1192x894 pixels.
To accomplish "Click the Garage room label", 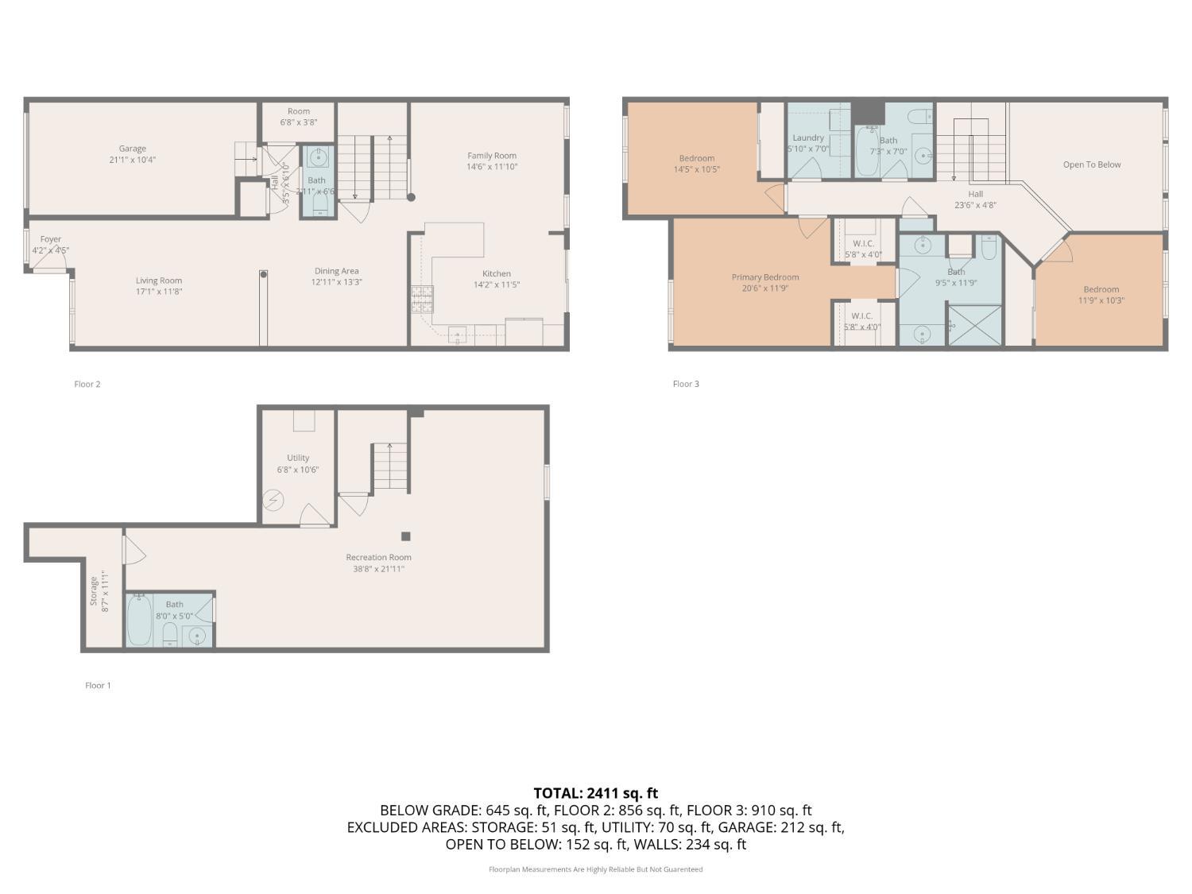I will pyautogui.click(x=132, y=149).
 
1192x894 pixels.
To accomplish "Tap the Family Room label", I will pyautogui.click(x=491, y=156).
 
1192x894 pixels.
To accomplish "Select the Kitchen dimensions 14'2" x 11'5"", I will pyautogui.click(x=497, y=284).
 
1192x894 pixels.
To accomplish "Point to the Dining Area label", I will pyautogui.click(x=336, y=271).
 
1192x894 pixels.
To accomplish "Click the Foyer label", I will pyautogui.click(x=51, y=239).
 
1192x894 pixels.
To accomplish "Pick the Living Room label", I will pyautogui.click(x=158, y=281).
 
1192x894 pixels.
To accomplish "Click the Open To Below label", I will pyautogui.click(x=1091, y=164).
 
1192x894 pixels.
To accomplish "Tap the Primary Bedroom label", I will pyautogui.click(x=764, y=277).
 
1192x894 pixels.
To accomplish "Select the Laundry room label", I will pyautogui.click(x=807, y=137).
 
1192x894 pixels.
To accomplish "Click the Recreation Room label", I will pyautogui.click(x=378, y=557).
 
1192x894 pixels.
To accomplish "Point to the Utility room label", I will pyautogui.click(x=298, y=458).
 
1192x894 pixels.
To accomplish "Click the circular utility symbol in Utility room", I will pyautogui.click(x=273, y=501).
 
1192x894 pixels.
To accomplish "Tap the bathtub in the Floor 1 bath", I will pyautogui.click(x=140, y=620).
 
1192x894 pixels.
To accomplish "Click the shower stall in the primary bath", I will pyautogui.click(x=975, y=325).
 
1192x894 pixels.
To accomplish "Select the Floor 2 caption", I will pyautogui.click(x=87, y=384).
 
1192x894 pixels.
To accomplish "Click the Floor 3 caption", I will pyautogui.click(x=686, y=384).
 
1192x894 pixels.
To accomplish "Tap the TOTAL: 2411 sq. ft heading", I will pyautogui.click(x=595, y=792).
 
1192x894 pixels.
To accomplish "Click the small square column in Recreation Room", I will pyautogui.click(x=405, y=536).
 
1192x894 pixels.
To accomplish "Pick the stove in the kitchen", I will pyautogui.click(x=422, y=298).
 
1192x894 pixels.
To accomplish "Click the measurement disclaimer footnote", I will pyautogui.click(x=595, y=869).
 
